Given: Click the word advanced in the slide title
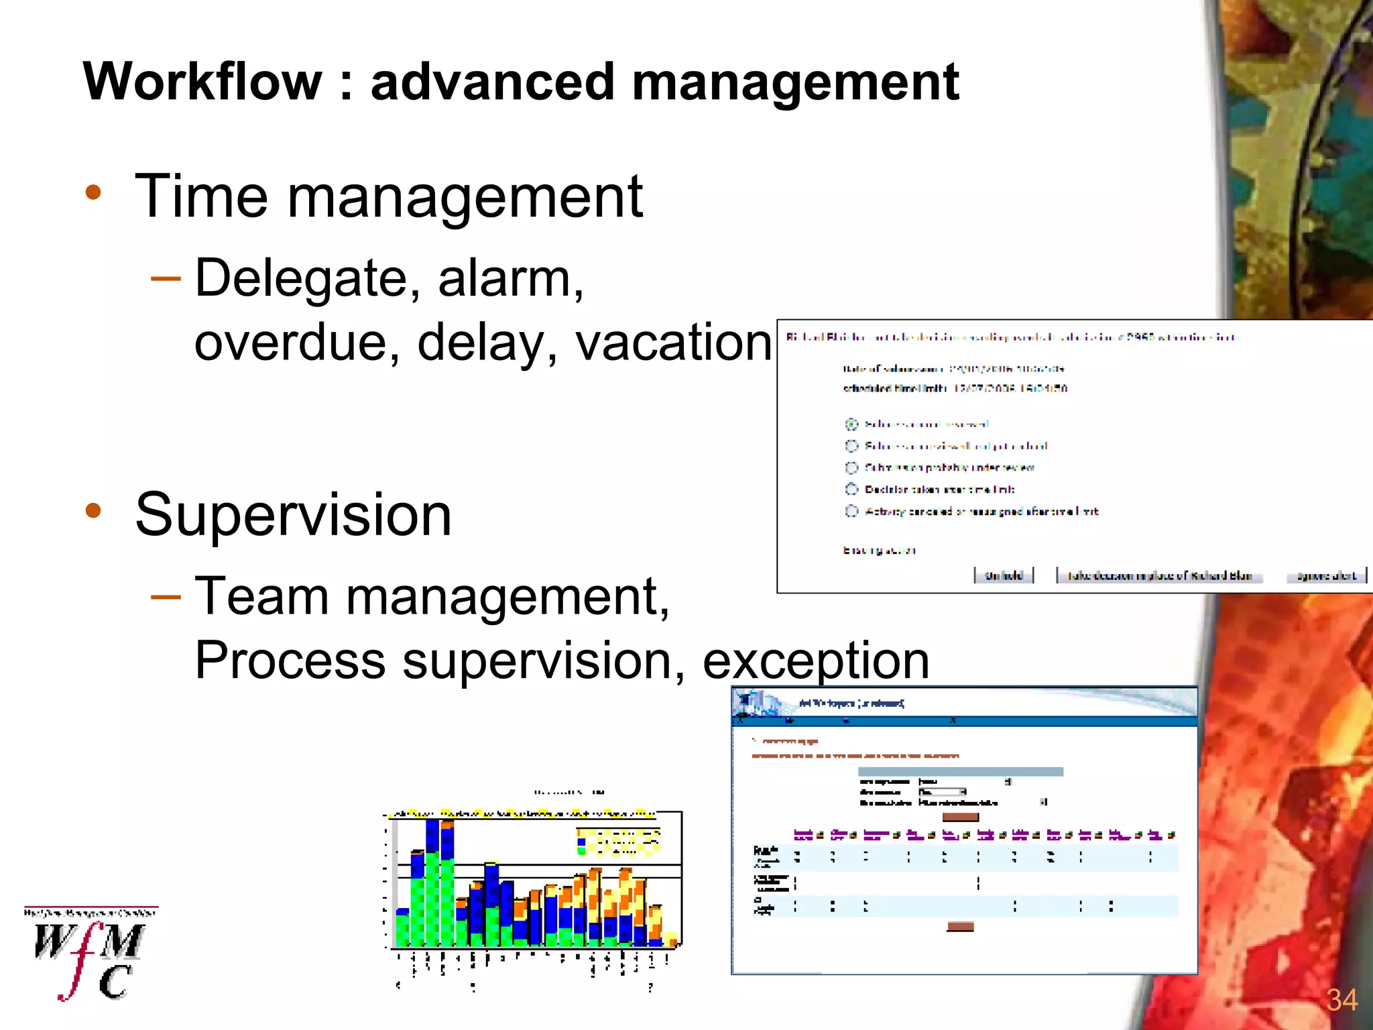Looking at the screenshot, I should [x=492, y=82].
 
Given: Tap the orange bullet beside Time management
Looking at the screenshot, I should [x=93, y=194].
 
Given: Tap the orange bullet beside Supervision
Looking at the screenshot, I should [x=93, y=511].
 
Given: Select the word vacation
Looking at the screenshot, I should [x=673, y=342].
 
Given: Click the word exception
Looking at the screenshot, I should [x=815, y=661].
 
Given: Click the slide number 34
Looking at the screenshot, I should [x=1341, y=1000].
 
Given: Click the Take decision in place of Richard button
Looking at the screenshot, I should [x=1159, y=575].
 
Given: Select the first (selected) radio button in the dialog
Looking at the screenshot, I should [x=851, y=424].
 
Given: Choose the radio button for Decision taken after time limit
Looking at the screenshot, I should [x=851, y=490].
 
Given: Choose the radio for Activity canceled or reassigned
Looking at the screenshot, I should [x=851, y=511].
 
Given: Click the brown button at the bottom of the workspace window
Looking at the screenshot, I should [x=960, y=927].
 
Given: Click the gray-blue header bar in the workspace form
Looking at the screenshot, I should [x=960, y=772].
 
